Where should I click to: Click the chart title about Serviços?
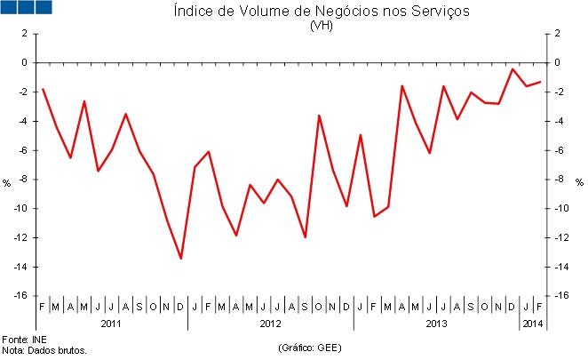pos(321,12)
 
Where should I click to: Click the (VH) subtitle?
pos(321,25)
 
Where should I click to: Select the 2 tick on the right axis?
pos(556,34)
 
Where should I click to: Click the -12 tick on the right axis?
pos(559,237)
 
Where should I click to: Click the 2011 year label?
pos(111,324)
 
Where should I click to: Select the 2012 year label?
pos(270,324)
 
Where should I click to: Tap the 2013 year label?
pos(436,324)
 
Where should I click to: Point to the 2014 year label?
pos(531,324)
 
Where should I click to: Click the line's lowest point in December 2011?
pos(181,259)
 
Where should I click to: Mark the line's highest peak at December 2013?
pos(513,68)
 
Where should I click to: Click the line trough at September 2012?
pos(306,237)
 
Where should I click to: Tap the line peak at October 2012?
pos(319,116)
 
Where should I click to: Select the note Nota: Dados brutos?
pos(44,350)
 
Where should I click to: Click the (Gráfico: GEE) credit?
pos(309,346)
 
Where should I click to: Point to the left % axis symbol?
pos(7,183)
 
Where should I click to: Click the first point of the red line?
pos(43,89)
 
